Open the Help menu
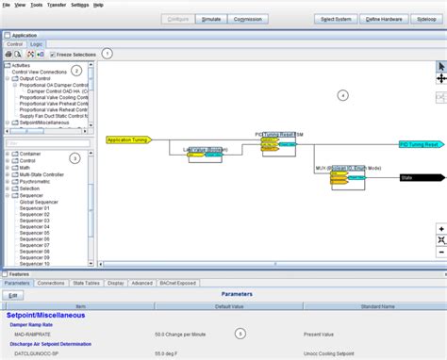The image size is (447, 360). (x=99, y=5)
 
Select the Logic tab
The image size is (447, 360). (x=37, y=44)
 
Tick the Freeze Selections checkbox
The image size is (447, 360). (x=53, y=55)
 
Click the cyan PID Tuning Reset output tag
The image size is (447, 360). (x=418, y=145)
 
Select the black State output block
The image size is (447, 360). (x=418, y=177)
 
